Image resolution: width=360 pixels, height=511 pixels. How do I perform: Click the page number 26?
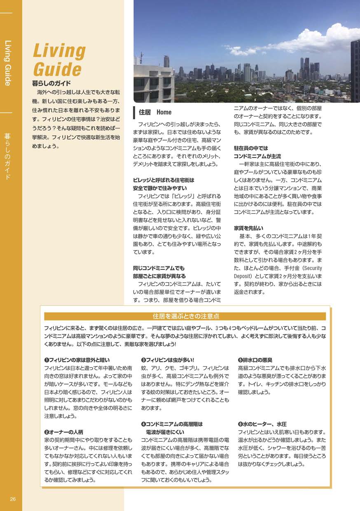point(13,499)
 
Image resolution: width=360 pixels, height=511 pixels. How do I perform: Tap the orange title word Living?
point(59,51)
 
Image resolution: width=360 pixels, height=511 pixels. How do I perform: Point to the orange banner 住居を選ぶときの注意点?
point(185,316)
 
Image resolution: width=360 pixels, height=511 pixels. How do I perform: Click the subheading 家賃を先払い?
point(248,228)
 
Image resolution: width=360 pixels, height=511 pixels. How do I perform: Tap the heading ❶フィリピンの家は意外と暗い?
point(77,360)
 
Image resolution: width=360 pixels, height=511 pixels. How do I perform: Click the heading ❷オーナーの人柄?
point(64,432)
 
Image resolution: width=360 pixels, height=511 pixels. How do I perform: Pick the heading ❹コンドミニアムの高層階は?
point(172,424)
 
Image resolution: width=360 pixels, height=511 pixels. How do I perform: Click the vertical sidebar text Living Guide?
point(7,63)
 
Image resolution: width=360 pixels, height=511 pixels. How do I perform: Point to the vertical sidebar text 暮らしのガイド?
point(7,156)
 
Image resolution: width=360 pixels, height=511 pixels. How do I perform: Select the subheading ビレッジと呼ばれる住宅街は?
point(164,180)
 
